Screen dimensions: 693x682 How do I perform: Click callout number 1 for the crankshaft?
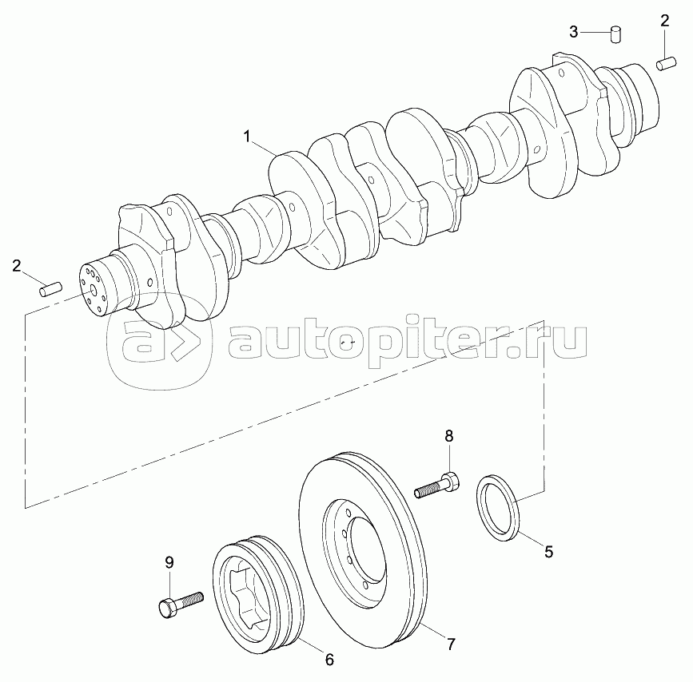[x=248, y=137]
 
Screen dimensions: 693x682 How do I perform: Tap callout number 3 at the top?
[x=573, y=32]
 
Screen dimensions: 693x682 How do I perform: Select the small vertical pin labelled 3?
[x=615, y=34]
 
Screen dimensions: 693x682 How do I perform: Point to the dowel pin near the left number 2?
[x=50, y=290]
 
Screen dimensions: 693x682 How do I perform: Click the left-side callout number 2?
[x=16, y=266]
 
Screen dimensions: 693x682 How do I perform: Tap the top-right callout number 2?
[x=664, y=21]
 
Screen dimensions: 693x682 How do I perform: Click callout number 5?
[x=548, y=552]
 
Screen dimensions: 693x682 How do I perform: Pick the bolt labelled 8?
[x=436, y=485]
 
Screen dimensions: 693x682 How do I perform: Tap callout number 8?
[x=449, y=436]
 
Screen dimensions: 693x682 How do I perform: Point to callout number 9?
[x=169, y=563]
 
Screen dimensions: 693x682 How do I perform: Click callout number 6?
[x=329, y=660]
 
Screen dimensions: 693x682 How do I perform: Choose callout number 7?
[x=450, y=644]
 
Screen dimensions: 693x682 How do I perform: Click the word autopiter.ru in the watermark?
[x=408, y=343]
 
